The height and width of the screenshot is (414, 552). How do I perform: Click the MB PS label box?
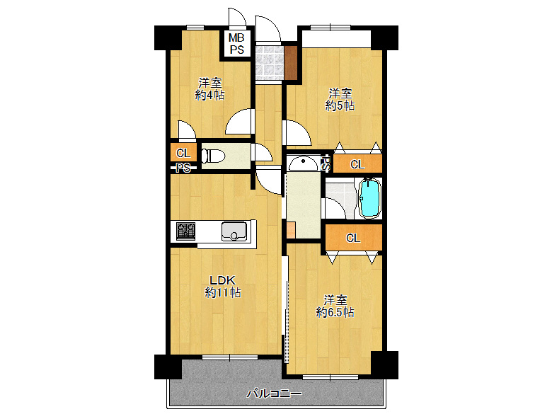[x=236, y=44]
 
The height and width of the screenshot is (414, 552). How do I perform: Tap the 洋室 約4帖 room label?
[x=209, y=89]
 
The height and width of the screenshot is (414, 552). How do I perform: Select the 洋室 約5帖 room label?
[x=340, y=100]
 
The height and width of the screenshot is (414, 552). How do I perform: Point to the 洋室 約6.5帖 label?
[x=335, y=306]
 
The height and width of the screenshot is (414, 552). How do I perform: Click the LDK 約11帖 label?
[x=222, y=287]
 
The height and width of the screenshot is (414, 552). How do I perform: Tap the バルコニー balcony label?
[x=274, y=393]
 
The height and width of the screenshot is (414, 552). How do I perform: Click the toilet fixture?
[x=213, y=156]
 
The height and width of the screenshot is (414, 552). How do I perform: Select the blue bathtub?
[x=369, y=198]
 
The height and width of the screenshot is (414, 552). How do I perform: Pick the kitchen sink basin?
[x=234, y=231]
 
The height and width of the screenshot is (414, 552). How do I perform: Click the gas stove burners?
[x=185, y=231]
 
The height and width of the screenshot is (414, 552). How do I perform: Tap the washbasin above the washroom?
[x=303, y=163]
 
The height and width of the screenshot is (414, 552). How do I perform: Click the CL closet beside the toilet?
[x=183, y=153]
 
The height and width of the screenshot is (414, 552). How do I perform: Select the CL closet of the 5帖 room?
[x=357, y=164]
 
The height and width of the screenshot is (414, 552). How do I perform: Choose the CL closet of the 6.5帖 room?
[x=353, y=238]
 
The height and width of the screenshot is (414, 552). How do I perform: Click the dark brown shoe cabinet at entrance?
[x=291, y=63]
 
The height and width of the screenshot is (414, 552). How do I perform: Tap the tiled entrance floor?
[x=269, y=63]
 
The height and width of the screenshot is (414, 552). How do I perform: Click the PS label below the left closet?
[x=183, y=168]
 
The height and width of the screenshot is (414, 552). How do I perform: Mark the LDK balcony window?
[x=230, y=357]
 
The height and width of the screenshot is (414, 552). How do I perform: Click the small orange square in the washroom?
[x=290, y=230]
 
